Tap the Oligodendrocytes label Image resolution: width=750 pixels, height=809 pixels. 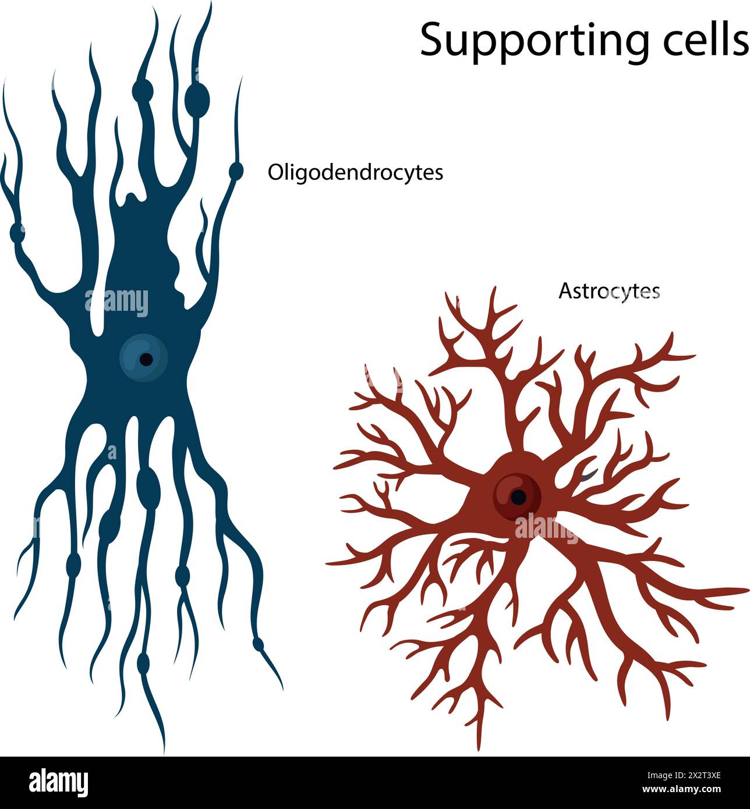tap(355, 173)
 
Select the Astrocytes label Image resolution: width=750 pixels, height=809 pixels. tap(609, 290)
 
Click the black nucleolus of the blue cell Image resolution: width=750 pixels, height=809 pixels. tap(146, 360)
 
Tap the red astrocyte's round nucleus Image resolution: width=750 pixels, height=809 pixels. tap(516, 495)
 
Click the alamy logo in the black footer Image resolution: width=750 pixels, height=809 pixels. tap(58, 783)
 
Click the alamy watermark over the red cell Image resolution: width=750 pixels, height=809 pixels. tap(545, 527)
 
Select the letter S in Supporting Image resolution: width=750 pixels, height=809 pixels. tap(433, 40)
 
